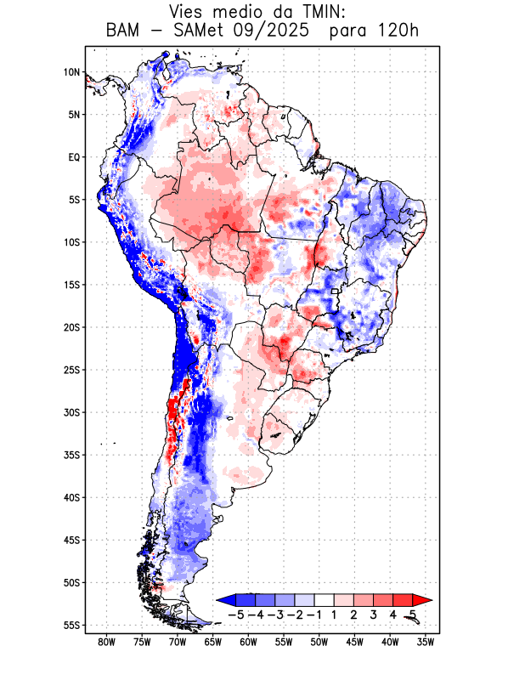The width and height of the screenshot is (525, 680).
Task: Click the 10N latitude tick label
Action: tap(71, 72)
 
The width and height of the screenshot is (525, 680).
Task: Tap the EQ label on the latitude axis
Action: tap(73, 157)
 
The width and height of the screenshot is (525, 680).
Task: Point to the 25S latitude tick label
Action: tap(71, 370)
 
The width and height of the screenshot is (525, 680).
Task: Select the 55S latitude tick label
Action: tap(71, 625)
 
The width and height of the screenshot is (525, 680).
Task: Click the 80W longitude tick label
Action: tap(106, 643)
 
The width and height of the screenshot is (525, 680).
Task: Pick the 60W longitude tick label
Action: tap(248, 643)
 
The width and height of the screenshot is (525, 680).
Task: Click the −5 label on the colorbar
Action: tap(237, 614)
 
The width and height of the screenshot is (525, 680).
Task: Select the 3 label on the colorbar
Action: tap(373, 614)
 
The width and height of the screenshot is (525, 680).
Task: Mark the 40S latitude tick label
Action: tap(71, 497)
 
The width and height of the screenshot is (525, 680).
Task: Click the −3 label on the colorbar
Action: tap(276, 614)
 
